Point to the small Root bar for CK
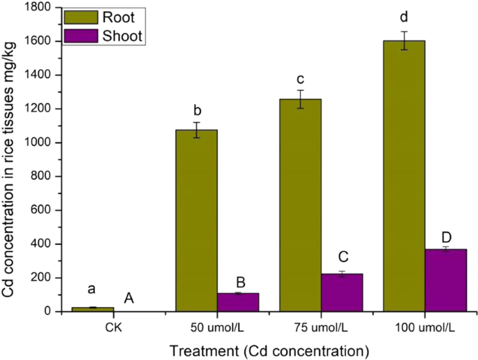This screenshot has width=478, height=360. [93, 309]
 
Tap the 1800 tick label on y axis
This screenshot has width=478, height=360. [38, 8]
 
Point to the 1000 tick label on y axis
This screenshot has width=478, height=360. [38, 143]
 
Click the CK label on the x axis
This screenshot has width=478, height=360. [114, 327]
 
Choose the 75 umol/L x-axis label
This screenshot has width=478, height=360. [321, 327]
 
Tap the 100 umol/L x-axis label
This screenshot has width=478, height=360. [424, 327]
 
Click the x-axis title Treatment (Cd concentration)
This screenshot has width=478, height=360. [269, 348]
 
